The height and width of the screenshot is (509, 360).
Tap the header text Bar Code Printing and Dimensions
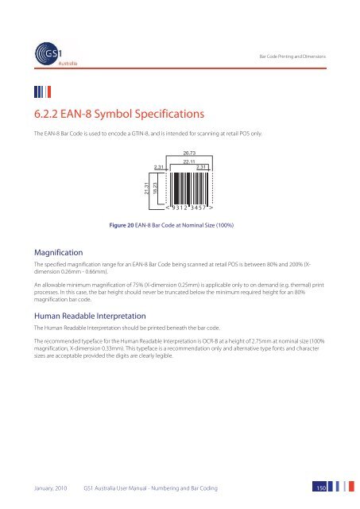point(304,55)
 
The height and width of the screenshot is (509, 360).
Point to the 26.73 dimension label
point(190,152)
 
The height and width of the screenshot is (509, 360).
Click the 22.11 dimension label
point(190,161)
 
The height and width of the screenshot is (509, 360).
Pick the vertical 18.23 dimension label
point(156,188)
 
